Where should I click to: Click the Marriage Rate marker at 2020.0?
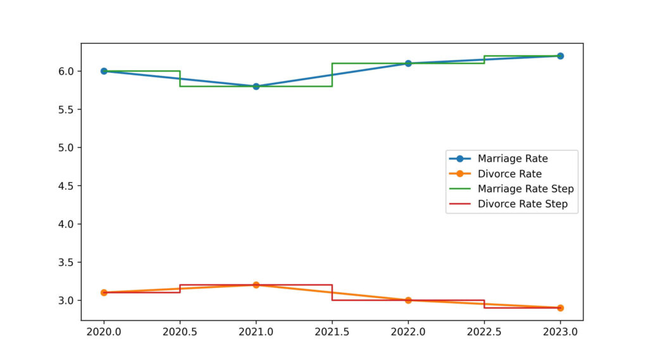pos(104,71)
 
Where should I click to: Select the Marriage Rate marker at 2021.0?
pos(256,86)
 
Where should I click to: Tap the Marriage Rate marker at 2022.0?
pos(408,63)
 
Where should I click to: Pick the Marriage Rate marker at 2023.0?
pos(560,56)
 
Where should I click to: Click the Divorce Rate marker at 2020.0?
pos(104,292)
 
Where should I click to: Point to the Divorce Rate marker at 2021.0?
pos(256,285)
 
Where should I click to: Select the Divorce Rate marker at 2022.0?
pos(408,300)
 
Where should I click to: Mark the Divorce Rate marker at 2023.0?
pos(560,307)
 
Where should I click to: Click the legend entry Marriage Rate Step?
pos(525,189)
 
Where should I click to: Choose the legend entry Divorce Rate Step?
pos(522,204)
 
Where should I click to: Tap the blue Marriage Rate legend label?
pos(513,158)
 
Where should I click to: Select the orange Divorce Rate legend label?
pos(509,173)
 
